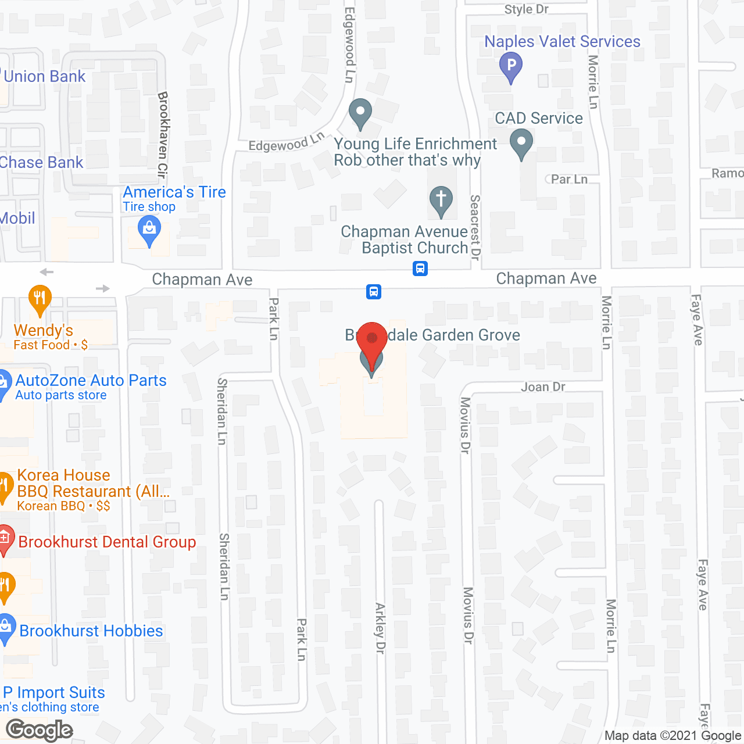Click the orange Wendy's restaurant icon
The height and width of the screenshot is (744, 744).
pyautogui.click(x=40, y=299)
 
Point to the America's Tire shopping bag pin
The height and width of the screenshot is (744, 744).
pyautogui.click(x=149, y=230)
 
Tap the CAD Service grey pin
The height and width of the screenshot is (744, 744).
pyautogui.click(x=521, y=143)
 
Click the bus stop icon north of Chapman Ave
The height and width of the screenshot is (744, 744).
pyautogui.click(x=420, y=269)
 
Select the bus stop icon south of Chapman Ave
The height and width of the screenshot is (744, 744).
pyautogui.click(x=374, y=291)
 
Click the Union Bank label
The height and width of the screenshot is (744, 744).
pyautogui.click(x=45, y=77)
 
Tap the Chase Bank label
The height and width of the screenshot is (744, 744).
pyautogui.click(x=42, y=163)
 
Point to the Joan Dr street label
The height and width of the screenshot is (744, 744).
pyautogui.click(x=543, y=387)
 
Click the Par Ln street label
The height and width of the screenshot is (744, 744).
pyautogui.click(x=569, y=180)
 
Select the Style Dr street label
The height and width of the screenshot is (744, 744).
pyautogui.click(x=526, y=9)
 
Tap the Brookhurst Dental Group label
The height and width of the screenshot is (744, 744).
pyautogui.click(x=107, y=542)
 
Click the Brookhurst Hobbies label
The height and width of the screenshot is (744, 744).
pyautogui.click(x=91, y=631)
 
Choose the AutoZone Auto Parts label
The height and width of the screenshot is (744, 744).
pyautogui.click(x=91, y=381)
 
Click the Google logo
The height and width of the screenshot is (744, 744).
pyautogui.click(x=40, y=730)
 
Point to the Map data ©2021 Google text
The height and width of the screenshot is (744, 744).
pyautogui.click(x=673, y=736)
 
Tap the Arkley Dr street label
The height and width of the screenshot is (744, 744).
pyautogui.click(x=380, y=628)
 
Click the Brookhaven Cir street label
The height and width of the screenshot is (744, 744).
pyautogui.click(x=163, y=134)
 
